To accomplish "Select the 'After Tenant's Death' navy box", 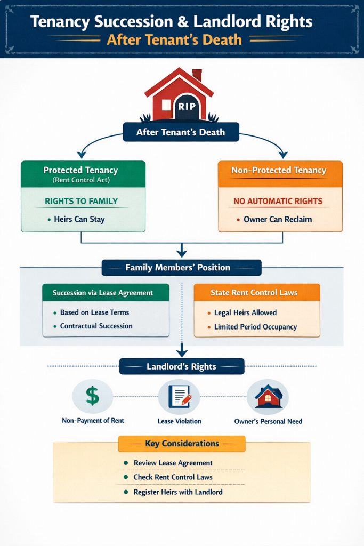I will pyautogui.click(x=180, y=132).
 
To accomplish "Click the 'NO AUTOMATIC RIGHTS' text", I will pyautogui.click(x=278, y=202).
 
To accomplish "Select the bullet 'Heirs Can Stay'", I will pyautogui.click(x=79, y=219).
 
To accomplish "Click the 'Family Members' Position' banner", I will pyautogui.click(x=181, y=268).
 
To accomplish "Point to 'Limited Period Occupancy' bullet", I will pyautogui.click(x=255, y=326).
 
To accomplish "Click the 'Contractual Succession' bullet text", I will pyautogui.click(x=96, y=326).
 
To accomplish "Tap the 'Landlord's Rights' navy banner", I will pyautogui.click(x=181, y=367).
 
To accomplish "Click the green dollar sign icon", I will pyautogui.click(x=92, y=396).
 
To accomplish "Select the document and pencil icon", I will pyautogui.click(x=179, y=397).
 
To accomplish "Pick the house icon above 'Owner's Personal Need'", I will pyautogui.click(x=268, y=396).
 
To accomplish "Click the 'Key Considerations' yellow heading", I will pyautogui.click(x=182, y=444).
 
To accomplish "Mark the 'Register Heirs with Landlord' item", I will pyautogui.click(x=177, y=492).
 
